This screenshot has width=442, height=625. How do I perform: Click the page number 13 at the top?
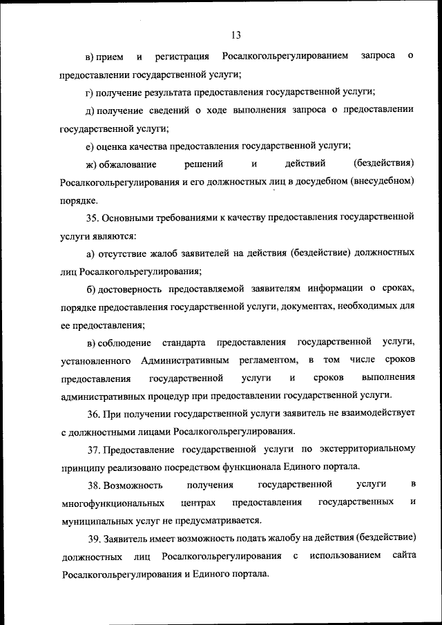tap(236, 35)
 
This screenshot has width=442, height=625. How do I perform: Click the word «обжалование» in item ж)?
tap(127, 164)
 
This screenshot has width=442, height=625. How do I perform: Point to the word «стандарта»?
tap(185, 343)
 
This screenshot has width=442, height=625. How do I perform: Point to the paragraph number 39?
tap(93, 538)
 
